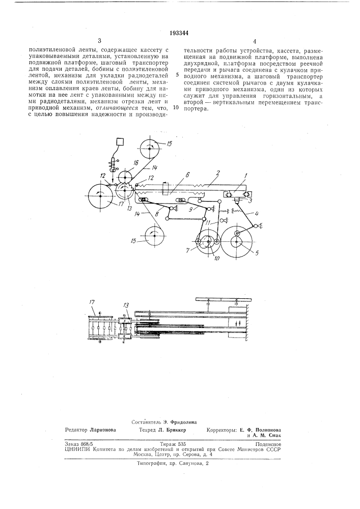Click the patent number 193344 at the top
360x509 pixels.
coord(180,32)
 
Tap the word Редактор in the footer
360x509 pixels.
coord(76,430)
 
